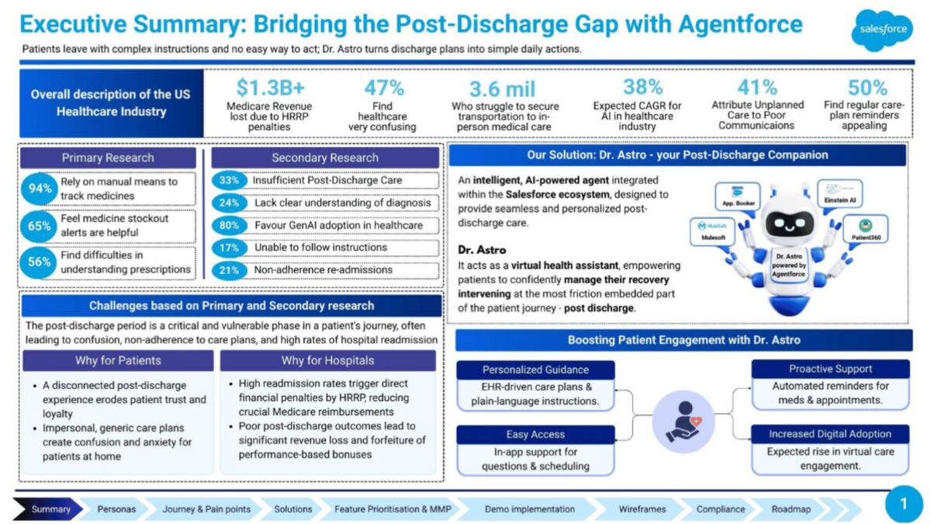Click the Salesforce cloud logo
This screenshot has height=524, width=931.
click(882, 30)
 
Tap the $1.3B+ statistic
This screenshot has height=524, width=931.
click(271, 88)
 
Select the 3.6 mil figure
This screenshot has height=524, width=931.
click(503, 89)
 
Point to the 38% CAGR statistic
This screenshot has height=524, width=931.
click(642, 87)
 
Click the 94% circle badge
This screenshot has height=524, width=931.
click(39, 189)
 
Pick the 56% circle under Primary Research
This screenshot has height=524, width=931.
click(39, 262)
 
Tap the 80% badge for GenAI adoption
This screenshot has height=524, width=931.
click(229, 225)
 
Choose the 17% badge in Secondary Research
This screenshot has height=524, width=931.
click(229, 248)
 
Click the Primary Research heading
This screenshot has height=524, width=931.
click(108, 158)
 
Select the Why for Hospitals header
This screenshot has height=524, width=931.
click(328, 360)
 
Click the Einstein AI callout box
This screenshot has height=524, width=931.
click(840, 194)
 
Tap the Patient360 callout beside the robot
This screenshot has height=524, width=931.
click(866, 229)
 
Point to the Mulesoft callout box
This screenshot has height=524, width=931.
click(713, 231)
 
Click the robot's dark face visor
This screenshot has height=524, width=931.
click(789, 224)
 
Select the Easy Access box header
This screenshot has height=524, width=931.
click(535, 435)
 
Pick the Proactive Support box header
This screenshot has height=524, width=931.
click(830, 369)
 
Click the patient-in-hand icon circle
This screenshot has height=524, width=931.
click(684, 422)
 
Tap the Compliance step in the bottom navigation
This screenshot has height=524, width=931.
click(721, 509)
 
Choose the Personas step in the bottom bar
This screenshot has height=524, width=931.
click(116, 509)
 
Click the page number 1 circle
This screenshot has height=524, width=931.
click(904, 505)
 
